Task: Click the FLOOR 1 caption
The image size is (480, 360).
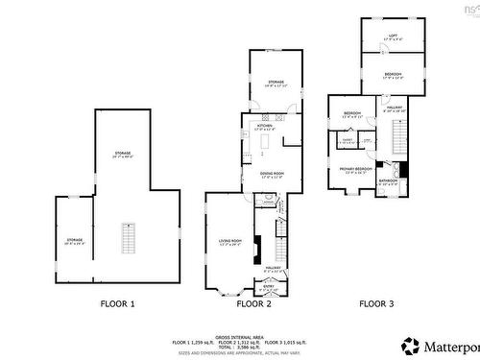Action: point(119,303)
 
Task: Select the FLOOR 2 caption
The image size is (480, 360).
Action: point(254,303)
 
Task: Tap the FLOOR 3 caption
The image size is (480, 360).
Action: point(376,303)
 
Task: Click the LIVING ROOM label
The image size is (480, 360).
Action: point(229,242)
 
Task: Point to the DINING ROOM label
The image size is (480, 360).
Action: point(273,175)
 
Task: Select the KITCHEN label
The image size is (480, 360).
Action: point(265,127)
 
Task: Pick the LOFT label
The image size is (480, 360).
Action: point(392,36)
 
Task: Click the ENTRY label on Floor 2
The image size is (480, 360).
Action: point(269,284)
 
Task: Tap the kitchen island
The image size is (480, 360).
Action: point(266,142)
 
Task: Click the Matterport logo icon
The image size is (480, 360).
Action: point(410,344)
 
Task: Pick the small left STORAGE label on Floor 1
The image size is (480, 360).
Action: point(74,240)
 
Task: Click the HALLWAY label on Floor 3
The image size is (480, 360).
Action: point(394,108)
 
